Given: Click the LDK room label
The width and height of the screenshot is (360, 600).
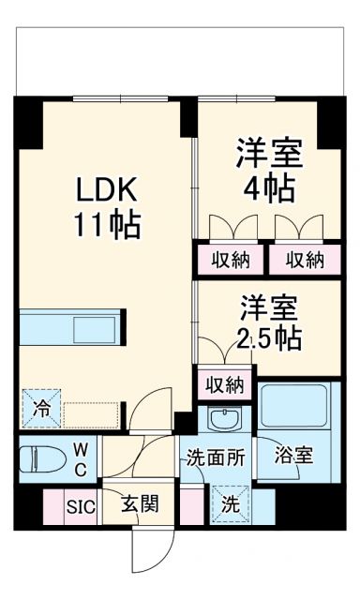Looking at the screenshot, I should click(108, 190).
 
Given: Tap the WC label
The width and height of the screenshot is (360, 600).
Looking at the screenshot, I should click(81, 460).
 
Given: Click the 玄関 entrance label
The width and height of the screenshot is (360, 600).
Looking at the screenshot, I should click(139, 503).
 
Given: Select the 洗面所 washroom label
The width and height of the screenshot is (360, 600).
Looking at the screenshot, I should click(215, 460).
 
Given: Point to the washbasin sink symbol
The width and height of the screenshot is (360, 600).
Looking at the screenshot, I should click(223, 417).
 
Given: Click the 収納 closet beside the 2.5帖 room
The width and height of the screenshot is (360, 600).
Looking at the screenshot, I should click(225, 383).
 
